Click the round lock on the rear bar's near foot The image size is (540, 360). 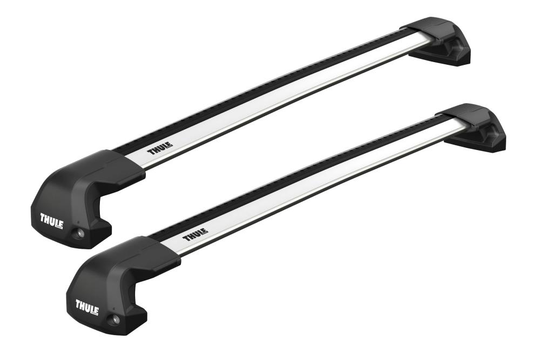point(80,233)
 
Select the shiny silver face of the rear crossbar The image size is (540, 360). point(281,97)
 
